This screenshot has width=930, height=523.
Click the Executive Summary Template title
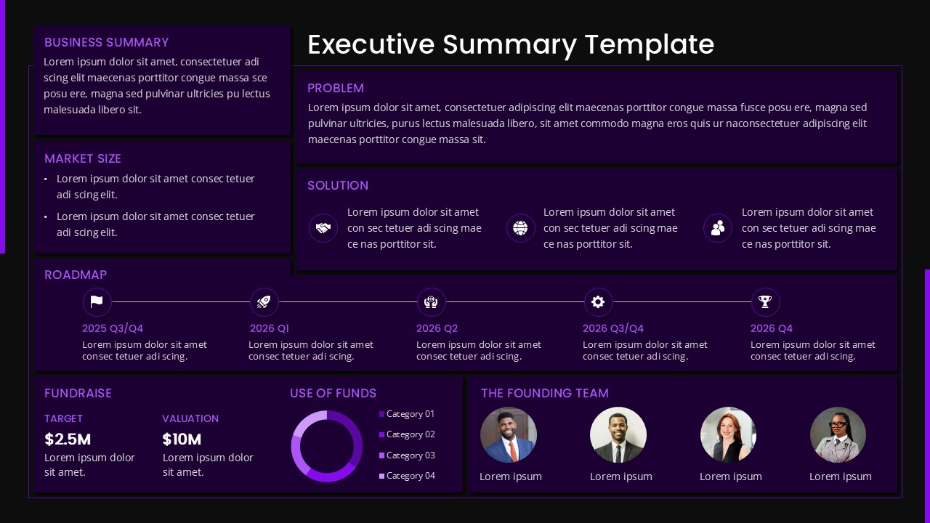point(511,44)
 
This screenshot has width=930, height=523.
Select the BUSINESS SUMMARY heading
point(106,42)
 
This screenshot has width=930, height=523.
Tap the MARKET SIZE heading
point(83,158)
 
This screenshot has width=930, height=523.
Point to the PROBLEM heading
point(336,88)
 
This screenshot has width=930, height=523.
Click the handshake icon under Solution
point(323,228)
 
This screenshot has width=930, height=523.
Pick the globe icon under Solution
point(520,228)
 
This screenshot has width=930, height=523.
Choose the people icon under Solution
point(718,228)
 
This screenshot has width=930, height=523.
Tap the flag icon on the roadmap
point(97,301)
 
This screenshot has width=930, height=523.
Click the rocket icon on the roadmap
point(264,301)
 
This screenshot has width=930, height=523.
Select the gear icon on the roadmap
point(598,301)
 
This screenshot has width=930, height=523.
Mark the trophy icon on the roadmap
point(765,301)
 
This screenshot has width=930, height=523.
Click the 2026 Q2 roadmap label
point(437,328)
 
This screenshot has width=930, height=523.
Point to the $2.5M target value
point(68,439)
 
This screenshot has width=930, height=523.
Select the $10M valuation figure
point(182,439)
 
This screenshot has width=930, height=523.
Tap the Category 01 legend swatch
point(382,414)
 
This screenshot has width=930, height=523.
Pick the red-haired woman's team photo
point(728,434)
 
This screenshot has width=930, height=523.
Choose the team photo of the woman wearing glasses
point(838,434)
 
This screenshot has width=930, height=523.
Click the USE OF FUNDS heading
point(333,393)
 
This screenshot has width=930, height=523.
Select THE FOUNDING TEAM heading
point(545,393)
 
